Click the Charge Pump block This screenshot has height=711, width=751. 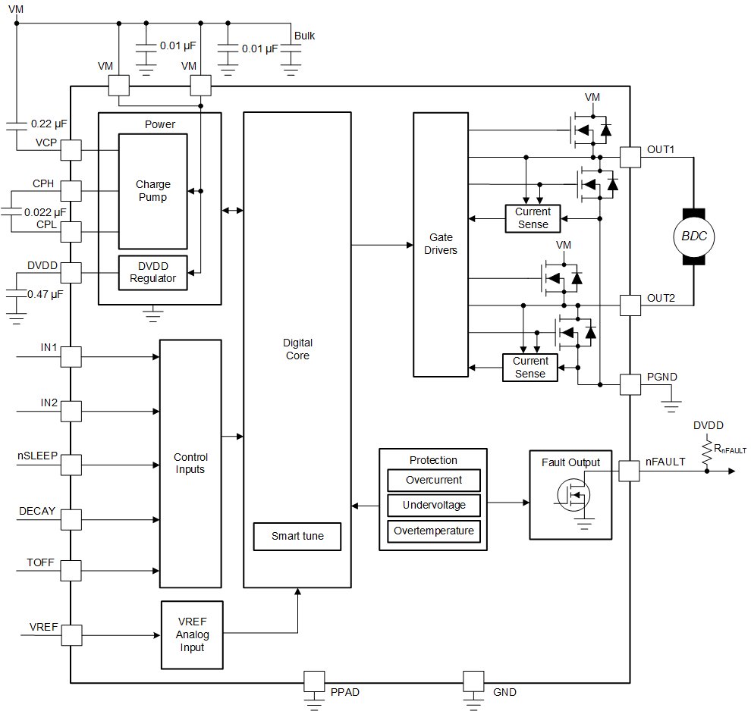click(152, 191)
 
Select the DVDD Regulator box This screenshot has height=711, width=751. click(152, 272)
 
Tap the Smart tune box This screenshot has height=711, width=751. click(297, 536)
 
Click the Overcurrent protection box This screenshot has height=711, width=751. click(433, 480)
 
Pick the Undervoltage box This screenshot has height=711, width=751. click(433, 505)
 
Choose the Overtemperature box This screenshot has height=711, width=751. click(433, 531)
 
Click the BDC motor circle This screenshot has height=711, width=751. click(693, 236)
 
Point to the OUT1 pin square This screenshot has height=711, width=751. click(630, 157)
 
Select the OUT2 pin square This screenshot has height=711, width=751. click(630, 305)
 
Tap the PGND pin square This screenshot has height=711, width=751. click(630, 384)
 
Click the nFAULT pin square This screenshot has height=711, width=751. click(630, 471)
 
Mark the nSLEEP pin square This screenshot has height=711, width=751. click(71, 464)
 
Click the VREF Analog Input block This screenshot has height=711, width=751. click(192, 635)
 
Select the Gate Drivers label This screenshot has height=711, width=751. click(441, 243)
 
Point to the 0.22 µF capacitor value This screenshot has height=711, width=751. click(49, 123)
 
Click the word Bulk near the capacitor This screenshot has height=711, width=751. click(304, 36)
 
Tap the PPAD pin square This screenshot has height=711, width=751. click(314, 681)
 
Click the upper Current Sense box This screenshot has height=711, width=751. click(533, 218)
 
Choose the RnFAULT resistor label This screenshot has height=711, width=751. click(730, 449)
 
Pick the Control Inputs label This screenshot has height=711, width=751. click(190, 463)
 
